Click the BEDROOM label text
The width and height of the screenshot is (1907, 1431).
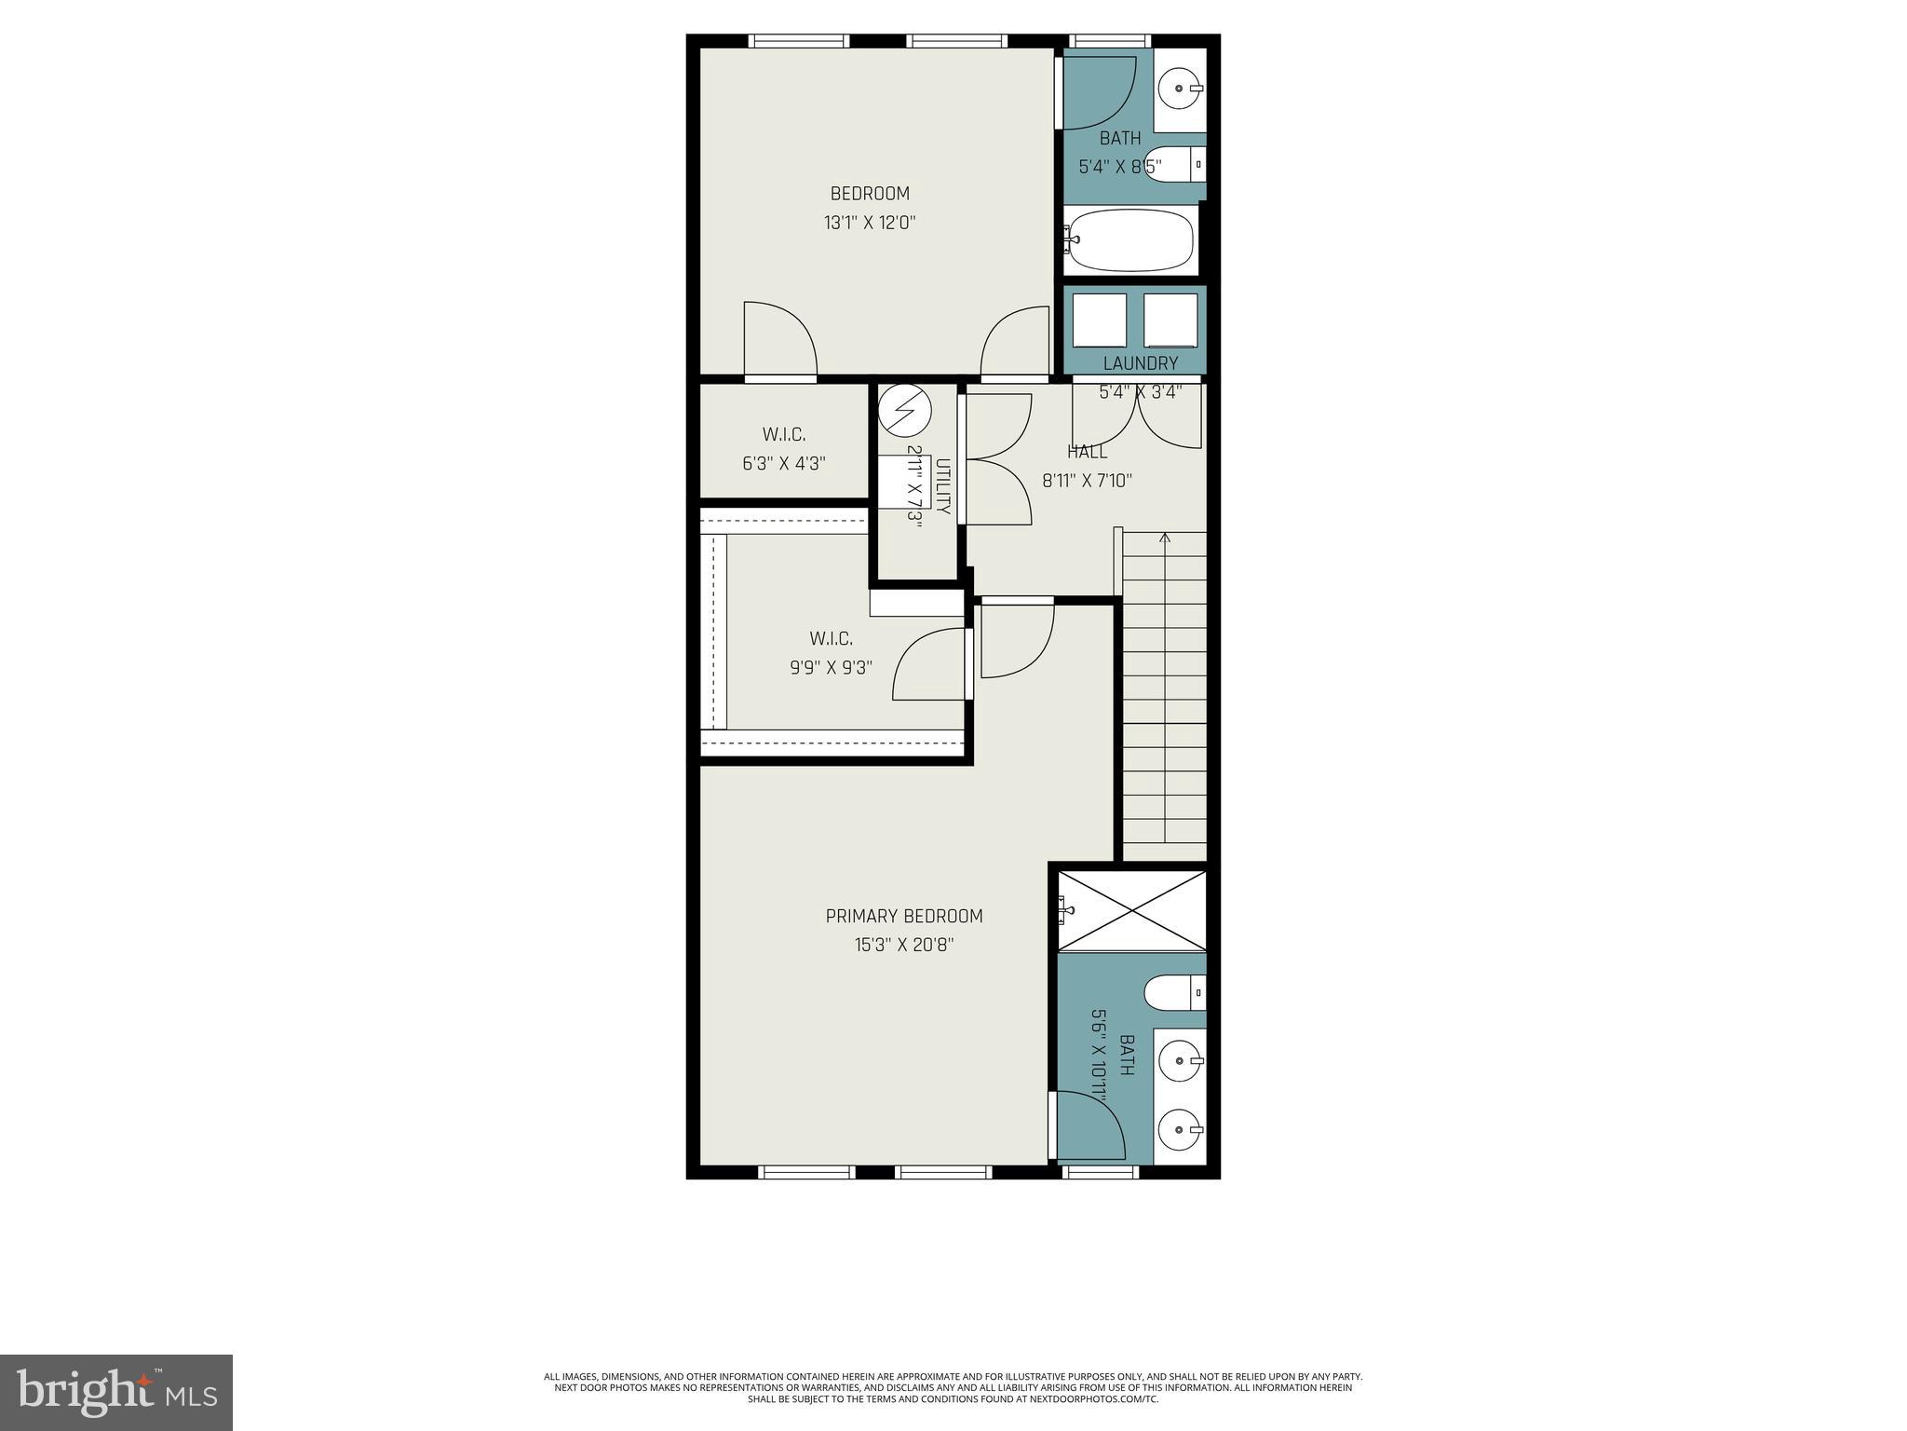(x=870, y=194)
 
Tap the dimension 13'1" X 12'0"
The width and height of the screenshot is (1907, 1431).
(x=870, y=223)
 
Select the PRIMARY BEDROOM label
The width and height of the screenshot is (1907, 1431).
(x=904, y=916)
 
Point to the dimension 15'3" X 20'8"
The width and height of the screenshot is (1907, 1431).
(x=904, y=945)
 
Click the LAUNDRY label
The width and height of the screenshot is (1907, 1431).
(x=1140, y=363)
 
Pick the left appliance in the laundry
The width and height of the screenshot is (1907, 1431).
(x=1100, y=320)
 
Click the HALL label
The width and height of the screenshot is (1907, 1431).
(x=1087, y=452)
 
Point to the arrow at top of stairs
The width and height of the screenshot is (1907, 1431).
(x=1164, y=538)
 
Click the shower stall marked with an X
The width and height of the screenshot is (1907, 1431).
(x=1132, y=910)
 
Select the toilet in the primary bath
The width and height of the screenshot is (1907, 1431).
(x=1174, y=992)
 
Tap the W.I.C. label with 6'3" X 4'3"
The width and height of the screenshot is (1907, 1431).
(x=784, y=449)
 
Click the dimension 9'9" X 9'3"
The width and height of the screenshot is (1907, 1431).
(x=831, y=667)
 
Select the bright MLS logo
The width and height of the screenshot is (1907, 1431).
(x=116, y=1392)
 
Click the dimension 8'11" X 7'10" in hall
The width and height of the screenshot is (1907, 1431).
(x=1086, y=481)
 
